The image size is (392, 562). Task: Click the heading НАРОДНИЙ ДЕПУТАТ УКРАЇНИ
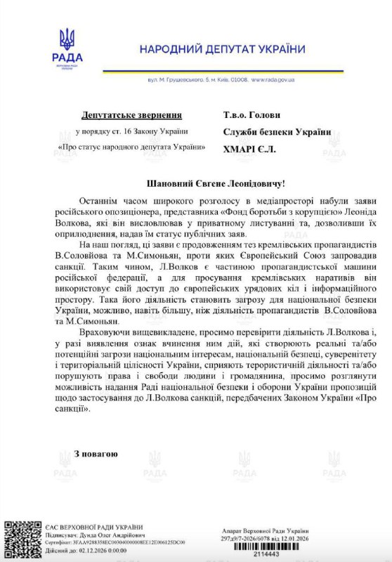222,48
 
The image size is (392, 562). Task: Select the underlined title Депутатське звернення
131,114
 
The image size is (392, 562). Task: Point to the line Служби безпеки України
276,131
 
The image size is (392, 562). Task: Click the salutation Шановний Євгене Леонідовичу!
216,182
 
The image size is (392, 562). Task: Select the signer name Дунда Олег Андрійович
106,535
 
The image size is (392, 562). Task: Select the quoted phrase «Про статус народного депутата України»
131,148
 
